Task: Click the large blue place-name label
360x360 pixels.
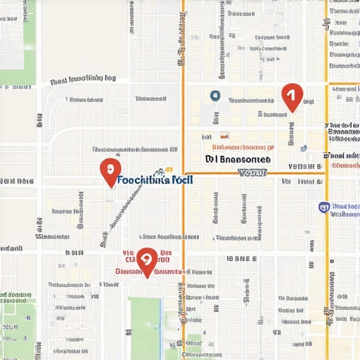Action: point(155,180)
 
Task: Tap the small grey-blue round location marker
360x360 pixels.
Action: point(215,95)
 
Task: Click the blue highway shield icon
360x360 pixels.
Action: point(324,207)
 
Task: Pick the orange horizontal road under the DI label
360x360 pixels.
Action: point(253,173)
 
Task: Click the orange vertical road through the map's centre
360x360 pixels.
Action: point(184,211)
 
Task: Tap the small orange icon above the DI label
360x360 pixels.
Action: point(224,136)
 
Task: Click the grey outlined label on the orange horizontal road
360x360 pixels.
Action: point(254,172)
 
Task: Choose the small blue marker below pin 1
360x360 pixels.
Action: point(303,148)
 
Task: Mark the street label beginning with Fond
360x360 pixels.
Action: point(83,80)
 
